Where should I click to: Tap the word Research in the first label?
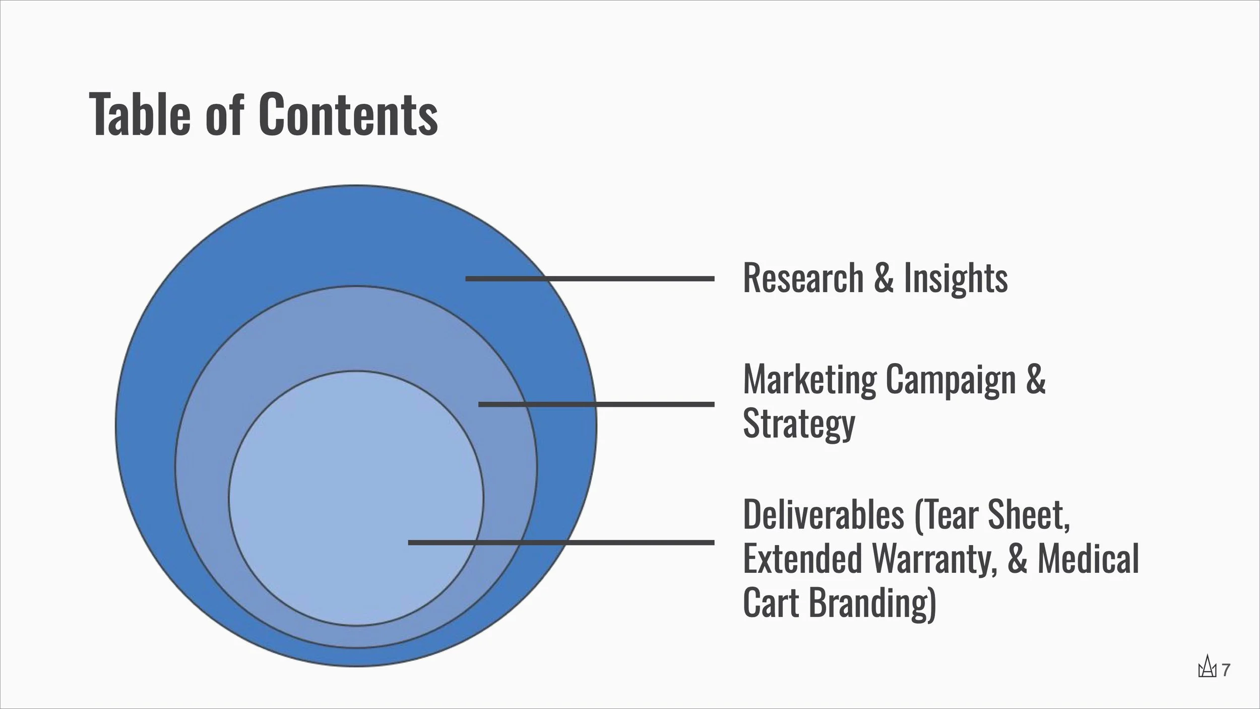pos(803,278)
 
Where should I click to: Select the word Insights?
pos(956,278)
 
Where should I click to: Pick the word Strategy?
pos(799,424)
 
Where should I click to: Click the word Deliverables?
pos(824,515)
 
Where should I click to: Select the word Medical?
pos(1088,559)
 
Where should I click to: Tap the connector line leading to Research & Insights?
pos(590,278)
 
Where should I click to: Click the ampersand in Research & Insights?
pos(884,278)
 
